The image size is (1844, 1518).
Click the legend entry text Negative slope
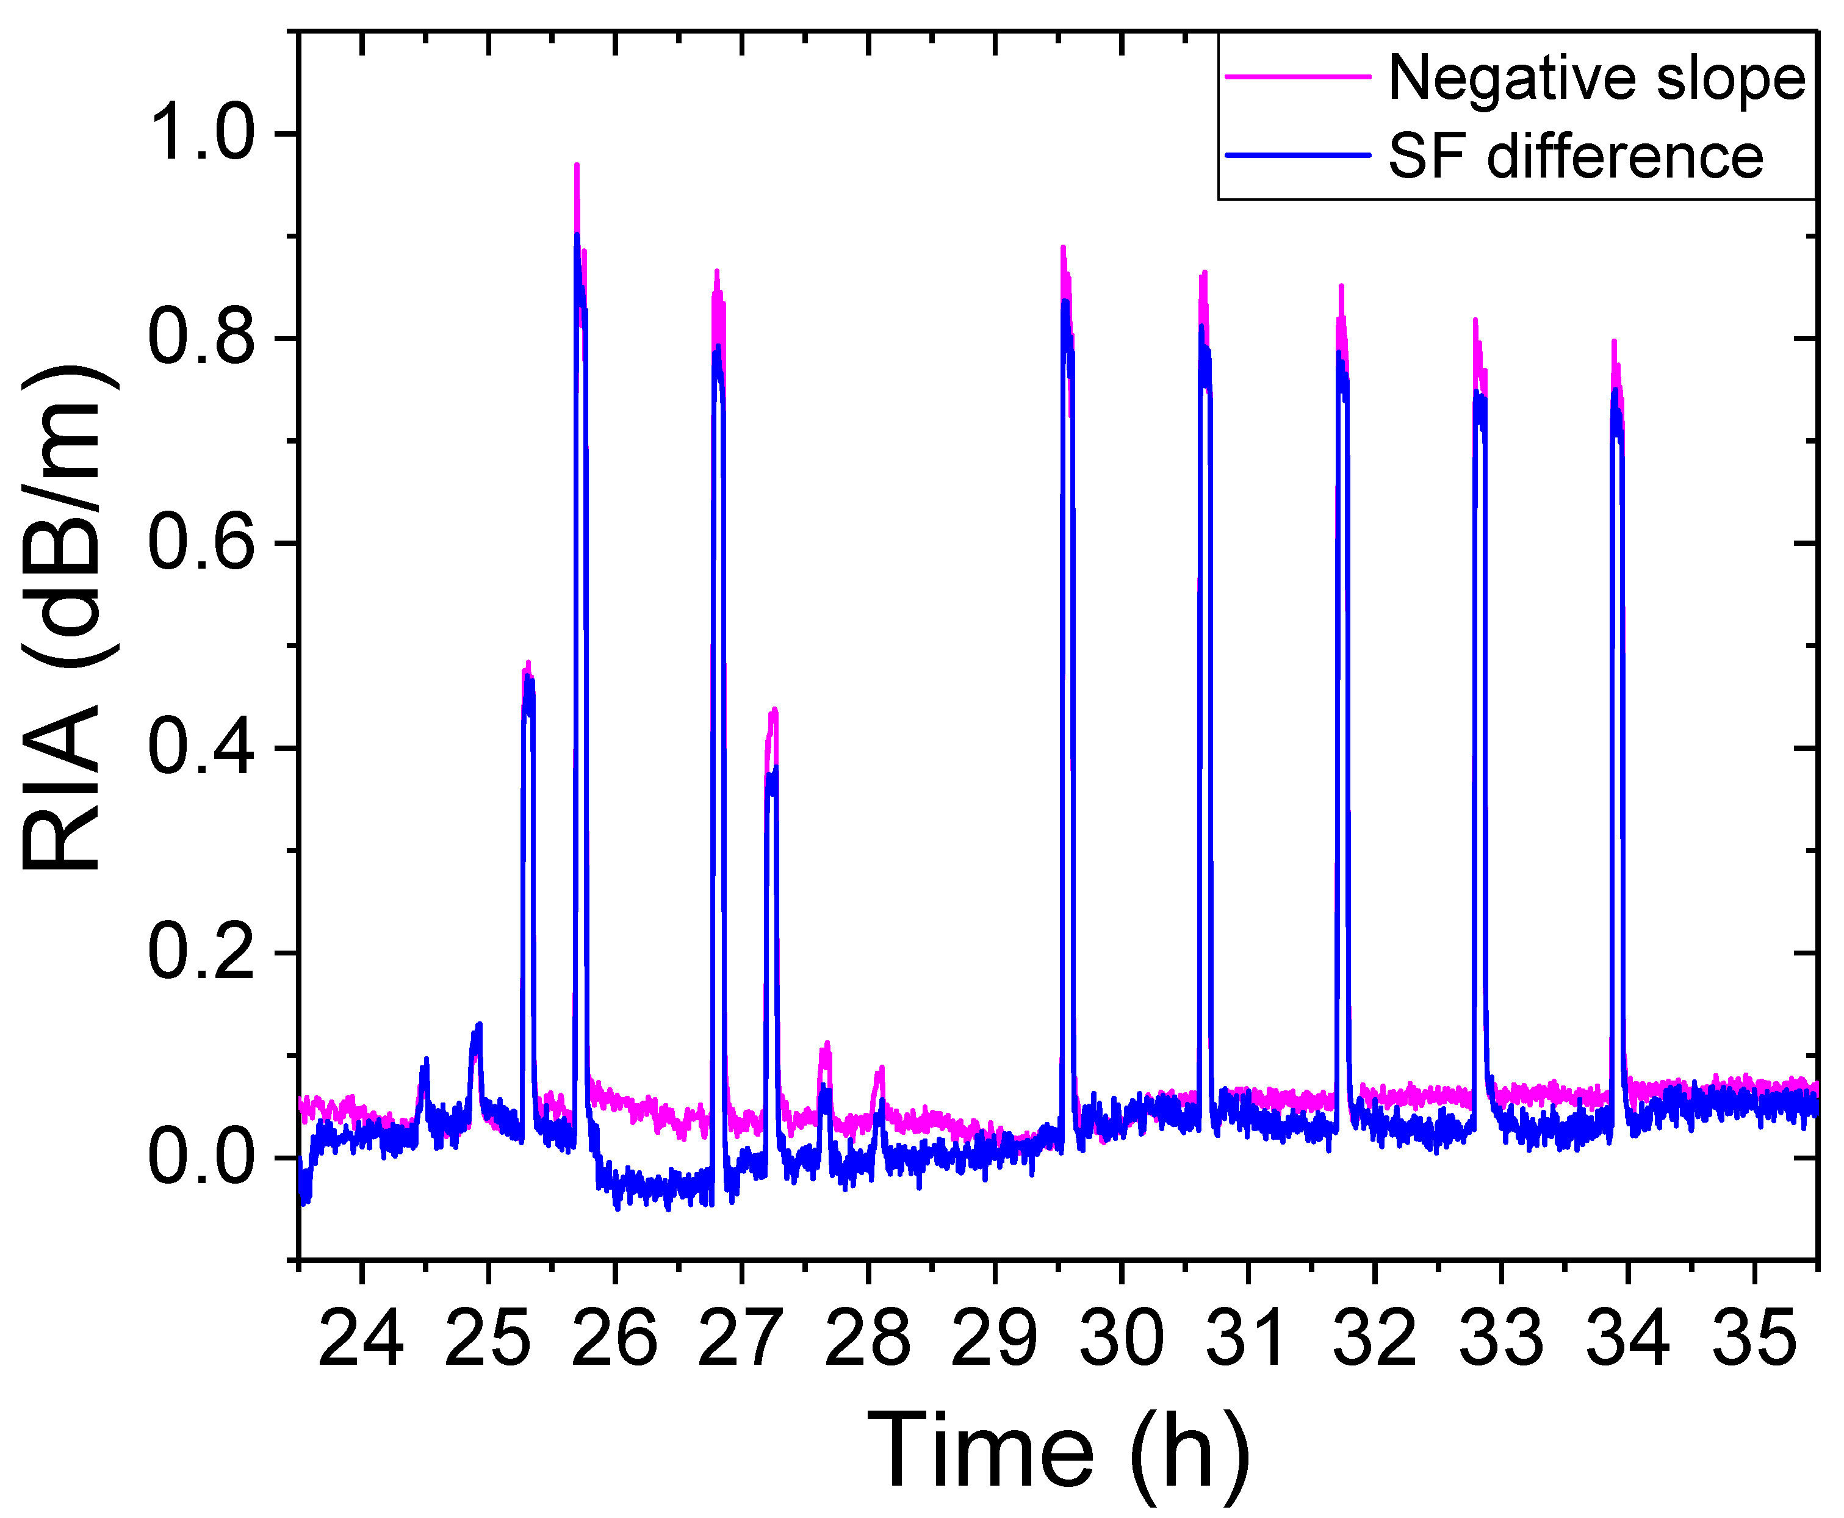1596,79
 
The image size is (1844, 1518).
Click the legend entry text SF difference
1576,157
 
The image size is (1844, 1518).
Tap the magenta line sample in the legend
1297,76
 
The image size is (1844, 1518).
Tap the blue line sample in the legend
1297,156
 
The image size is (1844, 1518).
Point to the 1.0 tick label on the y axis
201,134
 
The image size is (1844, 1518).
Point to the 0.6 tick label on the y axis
201,543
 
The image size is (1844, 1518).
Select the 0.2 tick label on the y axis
201,952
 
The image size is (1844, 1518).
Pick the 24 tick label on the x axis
361,1339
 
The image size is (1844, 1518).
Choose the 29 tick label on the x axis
994,1339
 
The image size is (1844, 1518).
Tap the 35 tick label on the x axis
1753,1339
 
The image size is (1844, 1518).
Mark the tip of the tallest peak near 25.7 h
577,165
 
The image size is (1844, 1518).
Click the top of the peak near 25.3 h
528,664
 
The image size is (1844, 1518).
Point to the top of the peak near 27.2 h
774,710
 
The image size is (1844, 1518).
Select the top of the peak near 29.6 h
1062,248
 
